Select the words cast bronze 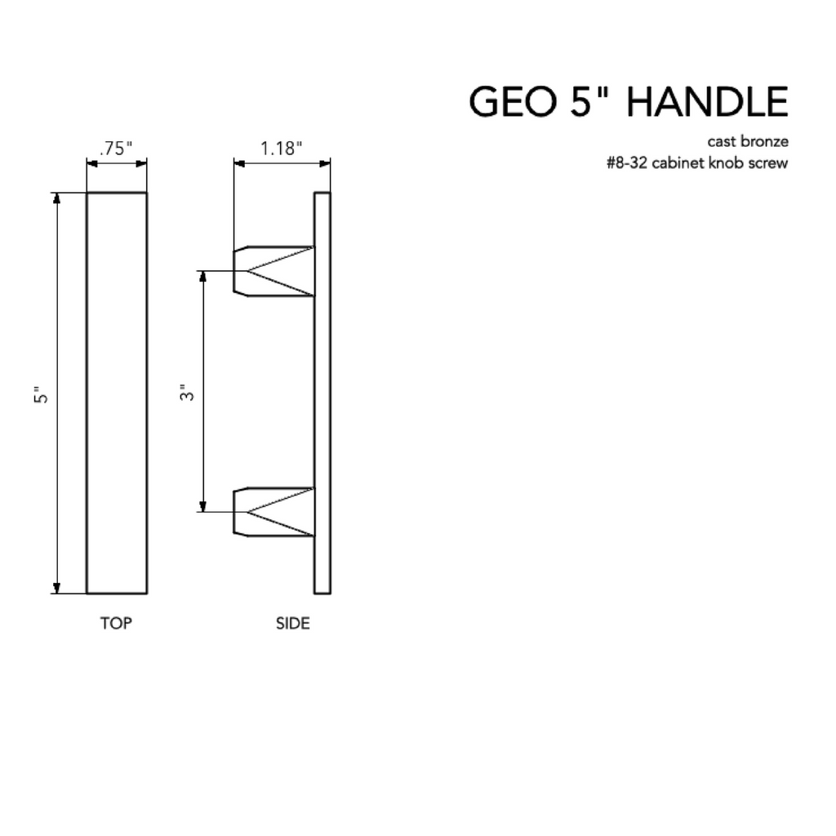(753, 141)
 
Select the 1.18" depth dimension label (282, 149)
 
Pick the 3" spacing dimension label (189, 394)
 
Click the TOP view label (116, 624)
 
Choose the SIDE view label (293, 624)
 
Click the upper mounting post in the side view (273, 271)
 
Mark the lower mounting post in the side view (273, 512)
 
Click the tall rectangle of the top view (117, 393)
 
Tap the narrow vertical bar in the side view (322, 393)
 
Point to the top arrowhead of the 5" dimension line (57, 198)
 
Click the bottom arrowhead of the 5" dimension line (57, 588)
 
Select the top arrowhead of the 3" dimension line (203, 276)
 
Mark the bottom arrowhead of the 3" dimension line (203, 506)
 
